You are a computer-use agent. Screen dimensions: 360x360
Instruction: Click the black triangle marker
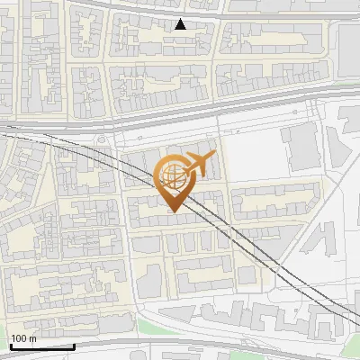[181, 24]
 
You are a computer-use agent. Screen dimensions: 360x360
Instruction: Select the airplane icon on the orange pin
[198, 165]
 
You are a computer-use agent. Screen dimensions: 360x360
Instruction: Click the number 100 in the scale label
[19, 338]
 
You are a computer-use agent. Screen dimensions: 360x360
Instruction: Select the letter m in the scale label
[32, 338]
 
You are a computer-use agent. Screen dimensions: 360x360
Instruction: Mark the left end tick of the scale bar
[11, 344]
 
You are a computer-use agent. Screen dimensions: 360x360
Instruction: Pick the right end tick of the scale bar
[74, 344]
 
